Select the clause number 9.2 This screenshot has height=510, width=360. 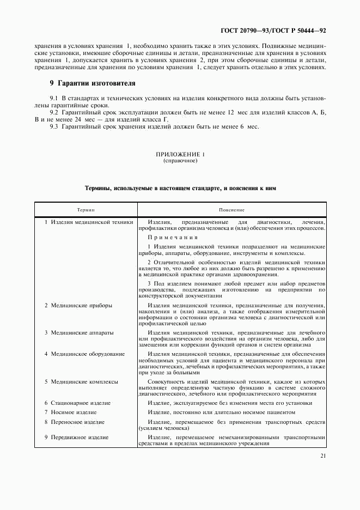click(54, 112)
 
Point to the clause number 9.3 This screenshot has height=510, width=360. click(54, 127)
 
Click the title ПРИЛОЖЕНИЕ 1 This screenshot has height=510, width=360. click(180, 155)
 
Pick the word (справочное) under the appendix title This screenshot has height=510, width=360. click(180, 162)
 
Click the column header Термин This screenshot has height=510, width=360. click(86, 210)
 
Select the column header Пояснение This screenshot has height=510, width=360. click(232, 210)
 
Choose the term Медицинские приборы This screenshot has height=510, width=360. click(81, 306)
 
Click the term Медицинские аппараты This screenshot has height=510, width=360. click(83, 332)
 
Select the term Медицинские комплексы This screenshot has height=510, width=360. click(84, 381)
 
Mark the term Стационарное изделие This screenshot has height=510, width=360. click(81, 403)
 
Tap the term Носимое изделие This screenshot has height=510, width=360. click(74, 412)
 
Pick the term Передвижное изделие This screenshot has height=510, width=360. click(80, 437)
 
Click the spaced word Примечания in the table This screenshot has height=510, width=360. click(172, 238)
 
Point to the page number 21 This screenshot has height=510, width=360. click(324, 456)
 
